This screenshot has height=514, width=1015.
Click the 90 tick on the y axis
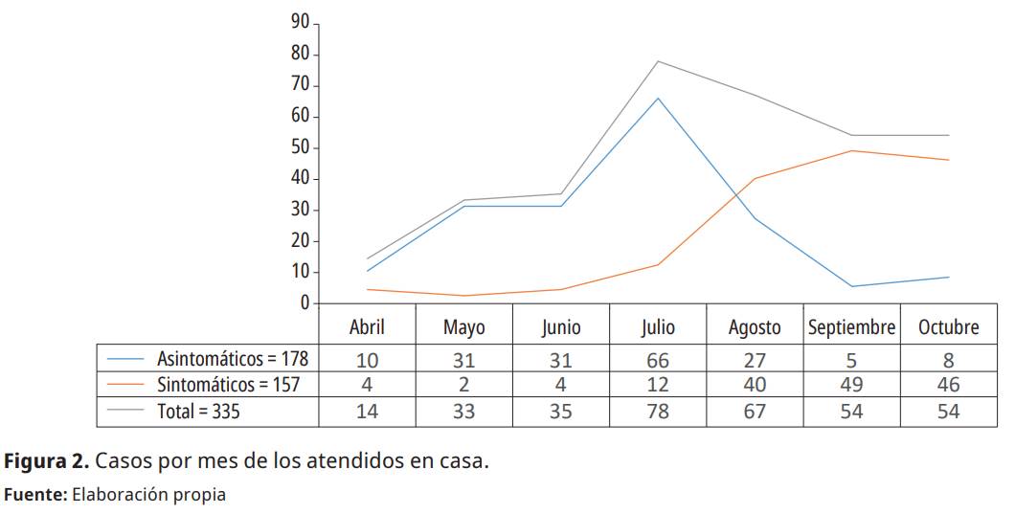coord(300,23)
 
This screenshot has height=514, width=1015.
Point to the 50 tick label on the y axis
coord(300,147)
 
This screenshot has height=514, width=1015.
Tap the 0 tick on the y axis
coord(304,303)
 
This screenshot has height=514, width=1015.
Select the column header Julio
coord(658,327)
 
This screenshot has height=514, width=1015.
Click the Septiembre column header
coord(851,327)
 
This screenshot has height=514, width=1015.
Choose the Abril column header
coord(367,327)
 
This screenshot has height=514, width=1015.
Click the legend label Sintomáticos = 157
coord(229,385)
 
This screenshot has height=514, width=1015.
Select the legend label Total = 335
coord(199,412)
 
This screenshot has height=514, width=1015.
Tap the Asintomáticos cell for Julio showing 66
coord(658,361)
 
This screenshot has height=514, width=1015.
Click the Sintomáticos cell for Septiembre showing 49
coord(851,386)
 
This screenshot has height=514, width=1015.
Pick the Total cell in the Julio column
coord(658,412)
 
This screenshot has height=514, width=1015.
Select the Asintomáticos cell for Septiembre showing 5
coord(851,361)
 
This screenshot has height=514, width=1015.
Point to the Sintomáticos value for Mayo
coord(464,386)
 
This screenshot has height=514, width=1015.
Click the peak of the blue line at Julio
coord(658,98)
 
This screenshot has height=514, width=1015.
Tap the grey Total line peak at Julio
coord(658,61)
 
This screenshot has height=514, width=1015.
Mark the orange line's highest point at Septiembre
coord(851,150)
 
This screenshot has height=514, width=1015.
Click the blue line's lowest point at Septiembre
coord(851,286)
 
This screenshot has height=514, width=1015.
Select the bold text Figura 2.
coord(48,461)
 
